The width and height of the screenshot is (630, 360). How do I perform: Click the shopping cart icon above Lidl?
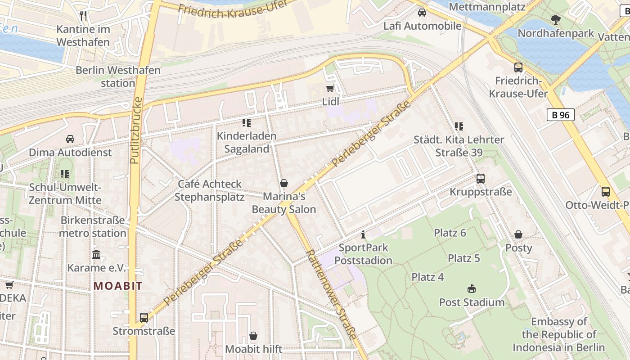(x=330, y=89)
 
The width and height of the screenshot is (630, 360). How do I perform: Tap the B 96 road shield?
(x=561, y=115)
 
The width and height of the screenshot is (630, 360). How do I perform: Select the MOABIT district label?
(x=118, y=286)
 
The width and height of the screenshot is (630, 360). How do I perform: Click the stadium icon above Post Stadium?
(x=472, y=288)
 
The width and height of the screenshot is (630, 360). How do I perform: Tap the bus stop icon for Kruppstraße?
(x=481, y=179)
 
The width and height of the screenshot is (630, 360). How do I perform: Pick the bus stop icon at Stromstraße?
(x=144, y=318)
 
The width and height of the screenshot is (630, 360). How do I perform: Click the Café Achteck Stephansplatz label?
(x=210, y=190)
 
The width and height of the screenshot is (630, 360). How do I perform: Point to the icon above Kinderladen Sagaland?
(x=246, y=122)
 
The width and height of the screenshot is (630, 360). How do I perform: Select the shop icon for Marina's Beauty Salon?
(x=284, y=183)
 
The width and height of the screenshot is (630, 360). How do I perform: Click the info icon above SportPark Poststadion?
(x=363, y=234)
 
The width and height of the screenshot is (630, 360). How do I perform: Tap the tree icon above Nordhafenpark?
(x=556, y=20)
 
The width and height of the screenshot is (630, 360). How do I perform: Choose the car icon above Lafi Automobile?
(x=422, y=13)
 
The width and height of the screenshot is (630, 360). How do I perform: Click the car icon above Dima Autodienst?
(x=70, y=139)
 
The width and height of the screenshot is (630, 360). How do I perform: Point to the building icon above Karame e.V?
(x=96, y=255)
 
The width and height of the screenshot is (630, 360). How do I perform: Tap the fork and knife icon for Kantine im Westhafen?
(x=83, y=16)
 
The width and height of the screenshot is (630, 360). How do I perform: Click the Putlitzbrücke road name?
(x=136, y=130)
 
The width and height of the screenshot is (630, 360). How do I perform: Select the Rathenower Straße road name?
(x=332, y=295)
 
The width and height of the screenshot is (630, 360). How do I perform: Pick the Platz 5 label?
(x=464, y=258)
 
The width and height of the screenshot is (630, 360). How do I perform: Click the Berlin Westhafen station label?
(x=118, y=76)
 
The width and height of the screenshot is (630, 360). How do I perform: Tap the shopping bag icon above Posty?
(x=518, y=234)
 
